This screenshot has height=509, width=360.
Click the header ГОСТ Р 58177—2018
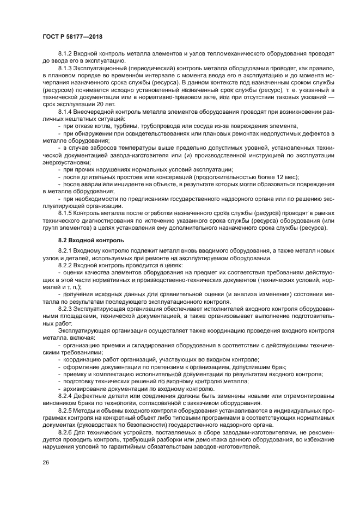click(x=72, y=36)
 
